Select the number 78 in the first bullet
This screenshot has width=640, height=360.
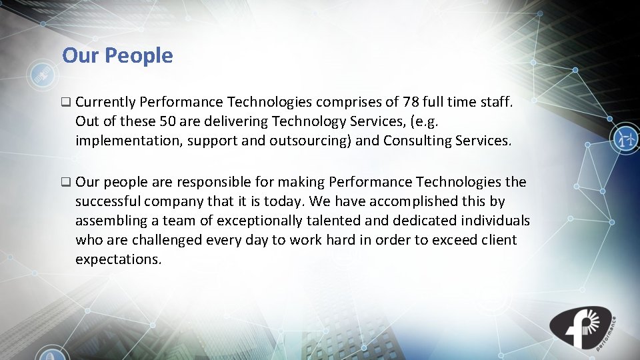tap(411, 102)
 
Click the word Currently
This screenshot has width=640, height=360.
tap(106, 102)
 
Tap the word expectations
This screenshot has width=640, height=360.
tap(118, 259)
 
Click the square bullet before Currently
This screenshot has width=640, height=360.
tap(65, 103)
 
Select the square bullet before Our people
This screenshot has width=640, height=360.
tap(65, 182)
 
